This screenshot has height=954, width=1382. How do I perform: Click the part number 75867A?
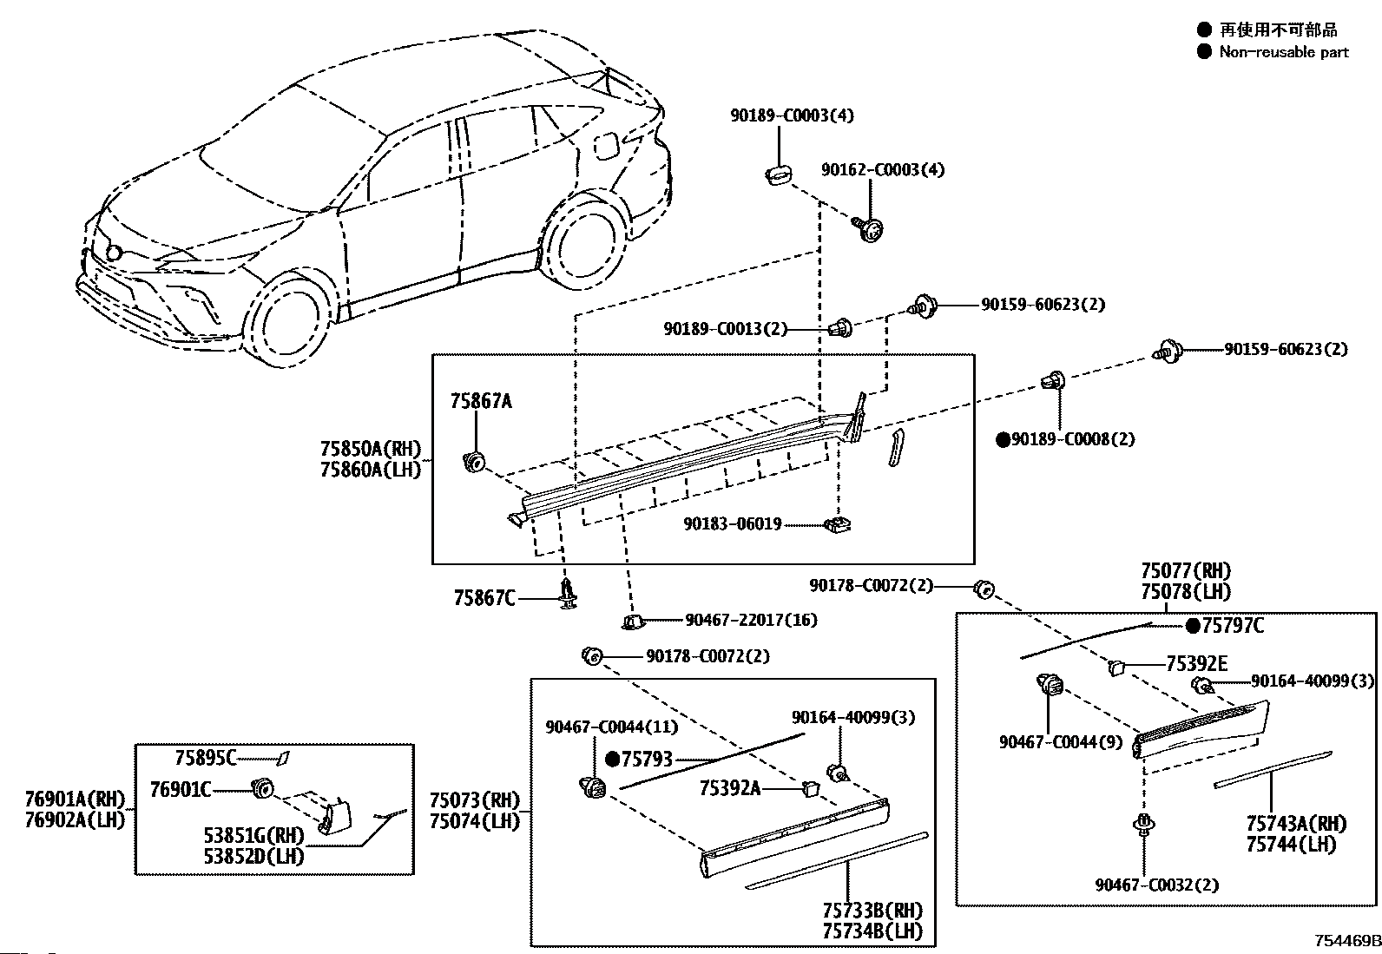point(481,401)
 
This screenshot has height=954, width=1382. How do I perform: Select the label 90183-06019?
point(733,524)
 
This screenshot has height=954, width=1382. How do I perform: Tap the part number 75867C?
point(484,598)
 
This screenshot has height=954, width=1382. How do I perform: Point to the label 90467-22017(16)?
point(751,620)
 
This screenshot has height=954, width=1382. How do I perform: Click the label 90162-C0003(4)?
point(882,169)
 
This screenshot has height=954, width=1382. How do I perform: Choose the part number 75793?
point(647,759)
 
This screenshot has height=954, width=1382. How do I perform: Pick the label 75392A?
point(730,788)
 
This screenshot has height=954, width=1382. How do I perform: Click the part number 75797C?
point(1233,626)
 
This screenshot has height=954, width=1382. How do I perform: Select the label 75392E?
point(1196,664)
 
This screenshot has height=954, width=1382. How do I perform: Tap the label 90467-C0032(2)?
point(1157,885)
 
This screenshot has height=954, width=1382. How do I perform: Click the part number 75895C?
point(206,758)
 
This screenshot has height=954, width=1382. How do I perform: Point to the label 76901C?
point(181,789)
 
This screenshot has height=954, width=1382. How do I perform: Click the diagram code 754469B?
point(1346,940)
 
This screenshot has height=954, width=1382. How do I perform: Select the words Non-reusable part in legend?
point(1284,52)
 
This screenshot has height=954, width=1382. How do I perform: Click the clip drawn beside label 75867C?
point(569,595)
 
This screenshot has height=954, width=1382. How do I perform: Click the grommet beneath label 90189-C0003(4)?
point(778,174)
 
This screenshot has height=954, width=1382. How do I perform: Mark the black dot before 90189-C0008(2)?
point(1004,439)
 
